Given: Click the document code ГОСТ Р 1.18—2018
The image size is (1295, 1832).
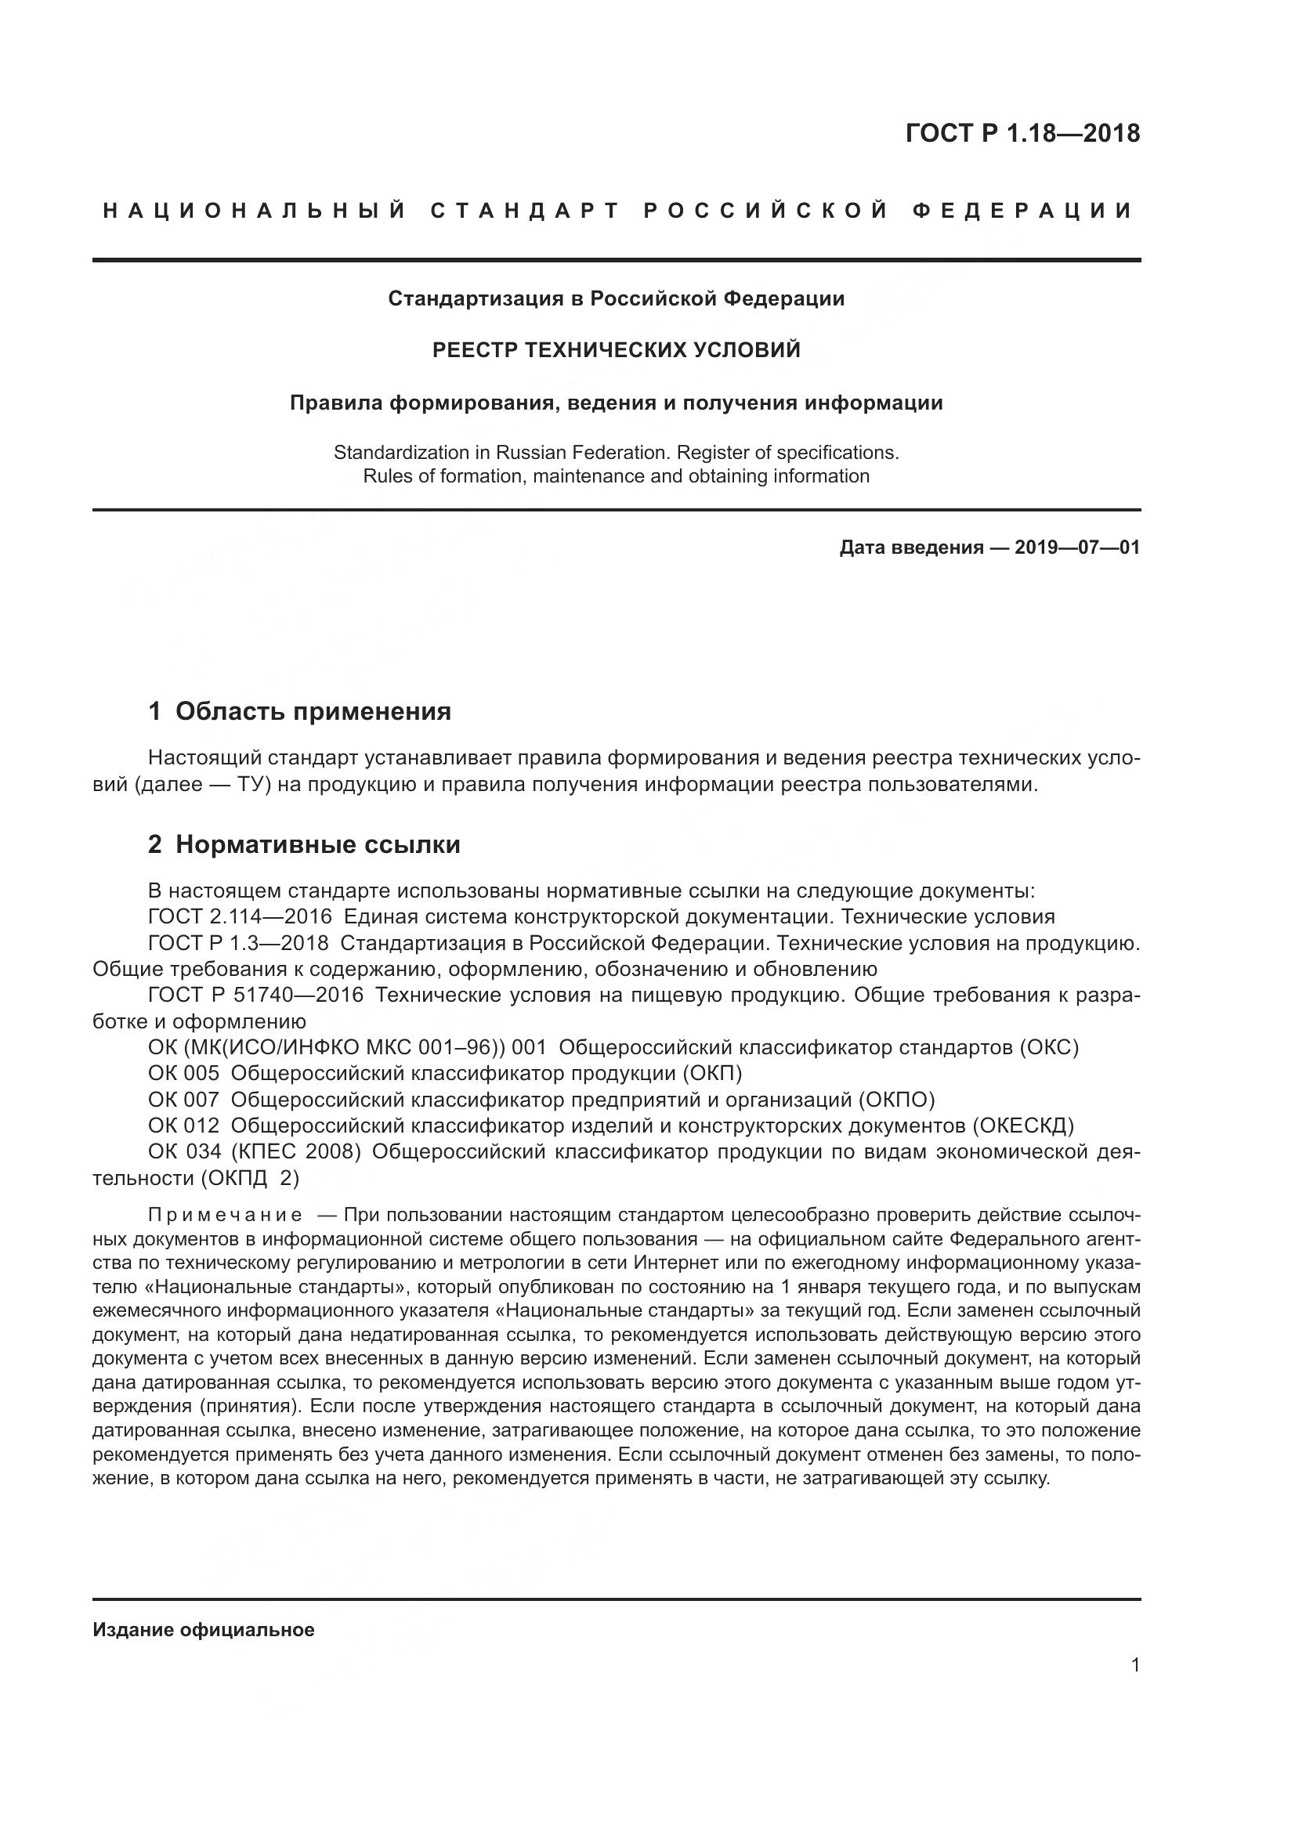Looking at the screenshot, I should [1023, 132].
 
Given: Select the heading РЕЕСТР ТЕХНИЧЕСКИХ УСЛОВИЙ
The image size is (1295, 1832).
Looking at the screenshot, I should [616, 350].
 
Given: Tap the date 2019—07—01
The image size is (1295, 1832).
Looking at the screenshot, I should [1077, 547].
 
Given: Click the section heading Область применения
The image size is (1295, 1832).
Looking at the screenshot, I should [313, 711].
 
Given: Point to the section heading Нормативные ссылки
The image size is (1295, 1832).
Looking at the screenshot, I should [317, 844].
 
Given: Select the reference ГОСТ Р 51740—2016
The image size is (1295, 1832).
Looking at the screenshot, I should [255, 994].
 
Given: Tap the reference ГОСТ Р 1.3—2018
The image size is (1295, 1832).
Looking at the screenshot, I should [238, 942].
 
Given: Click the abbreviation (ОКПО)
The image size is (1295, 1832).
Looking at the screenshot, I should [896, 1100].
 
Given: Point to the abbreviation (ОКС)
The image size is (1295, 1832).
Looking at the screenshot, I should [1049, 1047].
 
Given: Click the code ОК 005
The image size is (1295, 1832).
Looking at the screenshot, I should [183, 1073].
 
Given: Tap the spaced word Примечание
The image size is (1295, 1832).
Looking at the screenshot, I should [225, 1216].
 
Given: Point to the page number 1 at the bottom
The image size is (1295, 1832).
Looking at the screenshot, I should [1135, 1664].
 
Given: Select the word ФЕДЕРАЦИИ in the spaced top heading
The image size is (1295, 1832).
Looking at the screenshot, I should [1022, 211].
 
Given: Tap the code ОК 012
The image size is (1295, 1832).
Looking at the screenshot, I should [183, 1126].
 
